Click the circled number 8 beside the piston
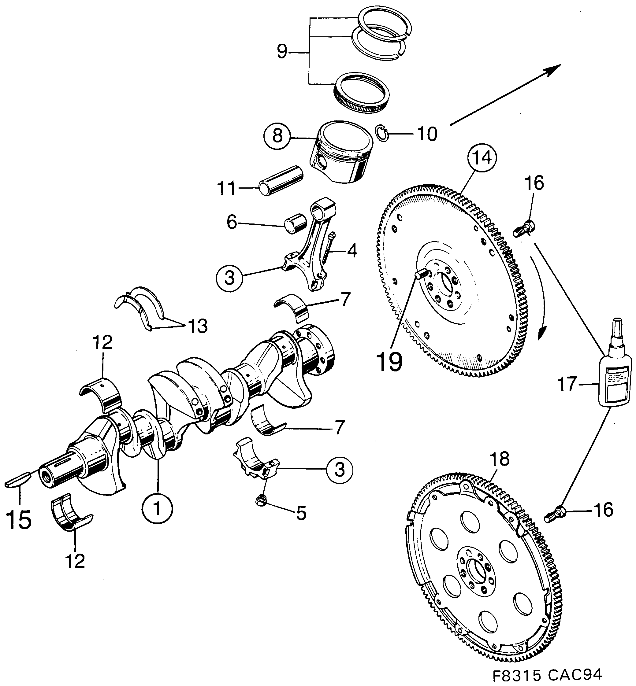click(277, 136)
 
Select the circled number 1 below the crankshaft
click(157, 509)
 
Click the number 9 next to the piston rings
click(282, 52)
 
